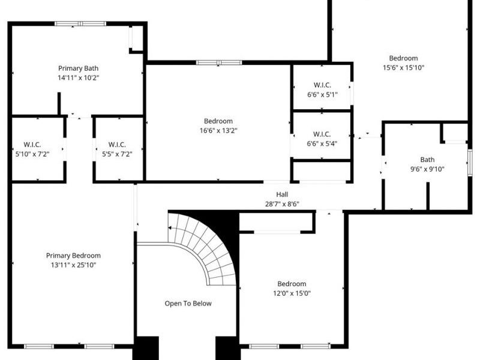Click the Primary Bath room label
pos(79,68)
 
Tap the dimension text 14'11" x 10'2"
pos(79,78)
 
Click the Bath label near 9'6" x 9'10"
pos(427,160)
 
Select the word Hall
pos(282,194)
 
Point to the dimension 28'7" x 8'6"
pos(282,204)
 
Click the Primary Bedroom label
pos(73,256)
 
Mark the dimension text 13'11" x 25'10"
pos(73,265)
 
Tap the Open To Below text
pos(188,304)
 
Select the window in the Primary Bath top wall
pos(80,23)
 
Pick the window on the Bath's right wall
pos(470,163)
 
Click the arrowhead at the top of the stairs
pos(170,228)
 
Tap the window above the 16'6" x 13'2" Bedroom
pos(219,63)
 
